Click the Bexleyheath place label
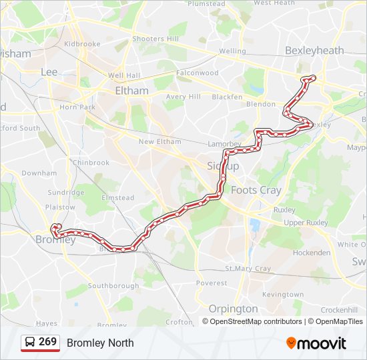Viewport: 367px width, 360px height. coord(314,50)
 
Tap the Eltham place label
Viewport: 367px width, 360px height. coord(131,90)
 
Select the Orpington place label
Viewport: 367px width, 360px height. coord(233,309)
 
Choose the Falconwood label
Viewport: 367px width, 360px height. coord(198,72)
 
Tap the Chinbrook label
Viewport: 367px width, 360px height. coord(91,162)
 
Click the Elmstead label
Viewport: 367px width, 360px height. coord(117,197)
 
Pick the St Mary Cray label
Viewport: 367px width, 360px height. coord(248,269)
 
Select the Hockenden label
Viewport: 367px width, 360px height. coord(312,253)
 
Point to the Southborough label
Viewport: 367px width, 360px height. coord(113,285)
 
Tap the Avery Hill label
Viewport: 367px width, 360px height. coord(183,97)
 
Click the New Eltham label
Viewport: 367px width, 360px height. coord(159,141)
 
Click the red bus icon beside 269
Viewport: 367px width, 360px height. coord(29,343)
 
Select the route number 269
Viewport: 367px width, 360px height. coord(47,342)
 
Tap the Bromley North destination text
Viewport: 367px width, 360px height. coord(100,343)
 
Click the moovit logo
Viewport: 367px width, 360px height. coord(316,343)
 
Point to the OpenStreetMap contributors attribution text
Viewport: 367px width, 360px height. coord(256,321)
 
